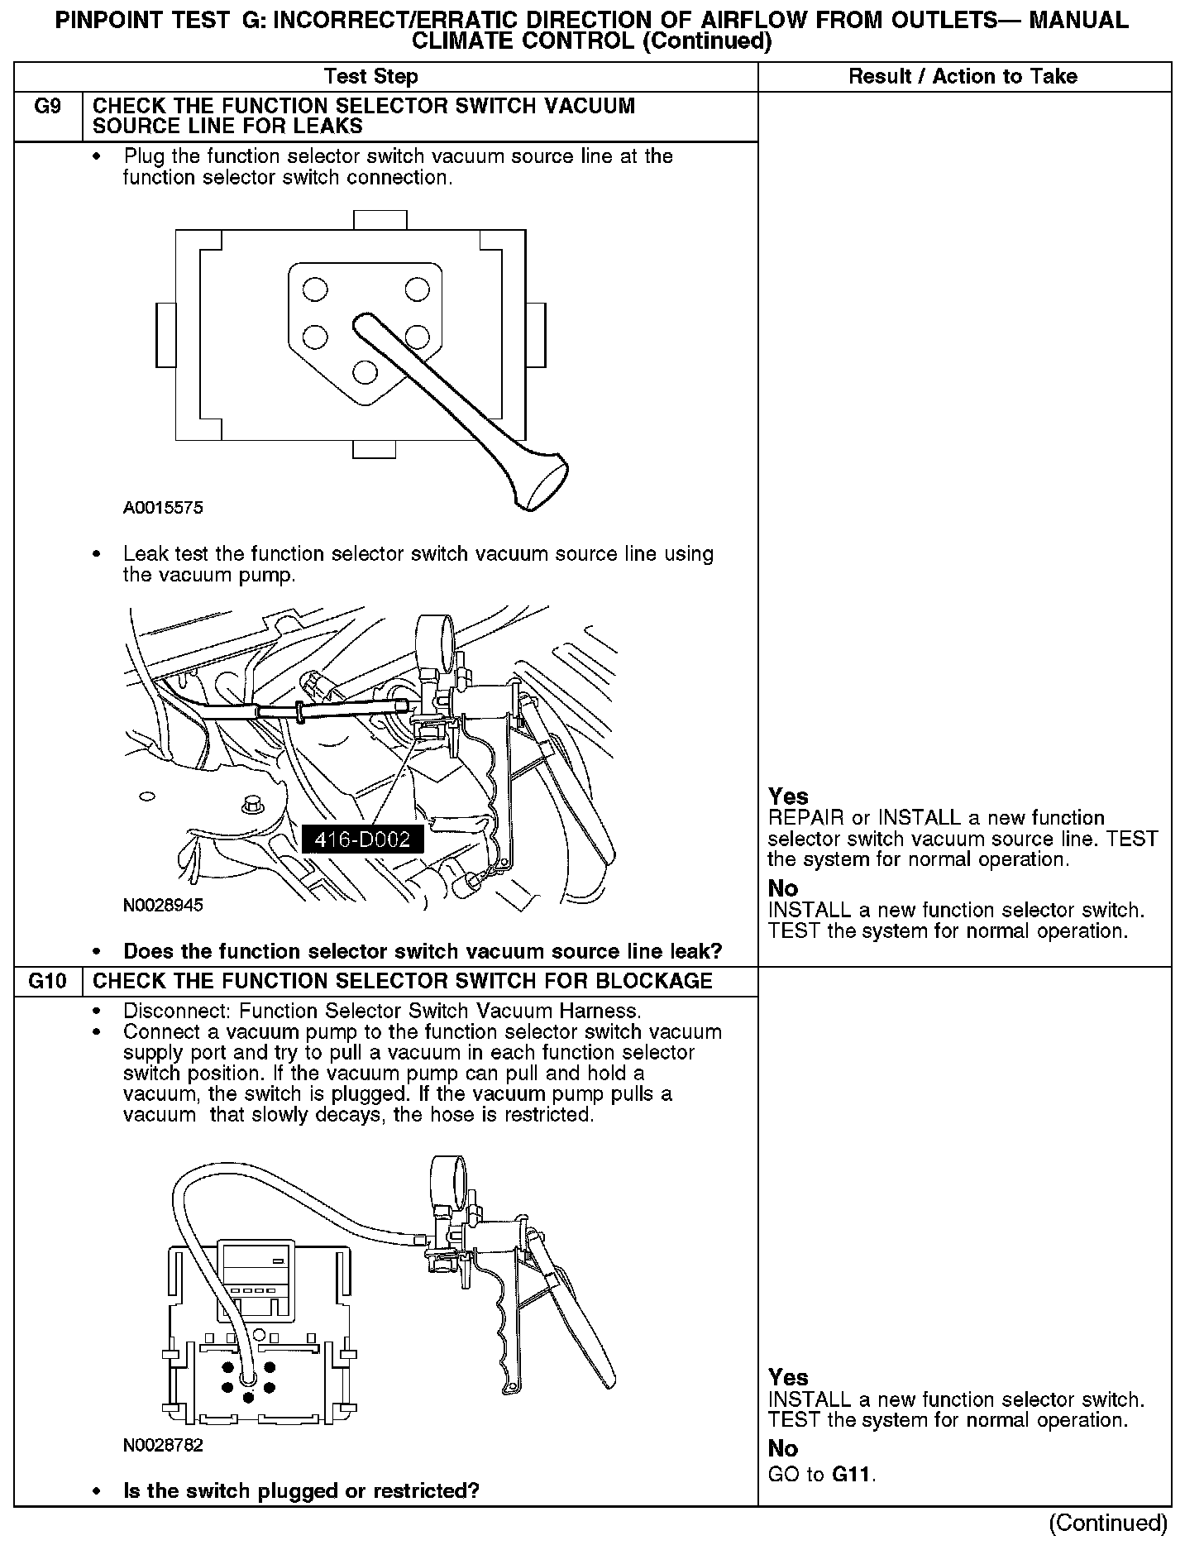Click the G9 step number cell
point(48,108)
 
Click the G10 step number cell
point(48,982)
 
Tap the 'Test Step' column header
point(371,77)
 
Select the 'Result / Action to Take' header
point(963,77)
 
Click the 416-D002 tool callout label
point(361,839)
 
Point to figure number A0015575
point(163,508)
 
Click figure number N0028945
point(163,905)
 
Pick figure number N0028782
point(163,1446)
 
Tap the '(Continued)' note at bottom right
point(1108,1523)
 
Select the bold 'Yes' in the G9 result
point(788,796)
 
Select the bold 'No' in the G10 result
point(783,1448)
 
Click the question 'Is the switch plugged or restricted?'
point(301,1491)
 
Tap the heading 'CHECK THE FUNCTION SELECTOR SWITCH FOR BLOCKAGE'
point(403,982)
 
